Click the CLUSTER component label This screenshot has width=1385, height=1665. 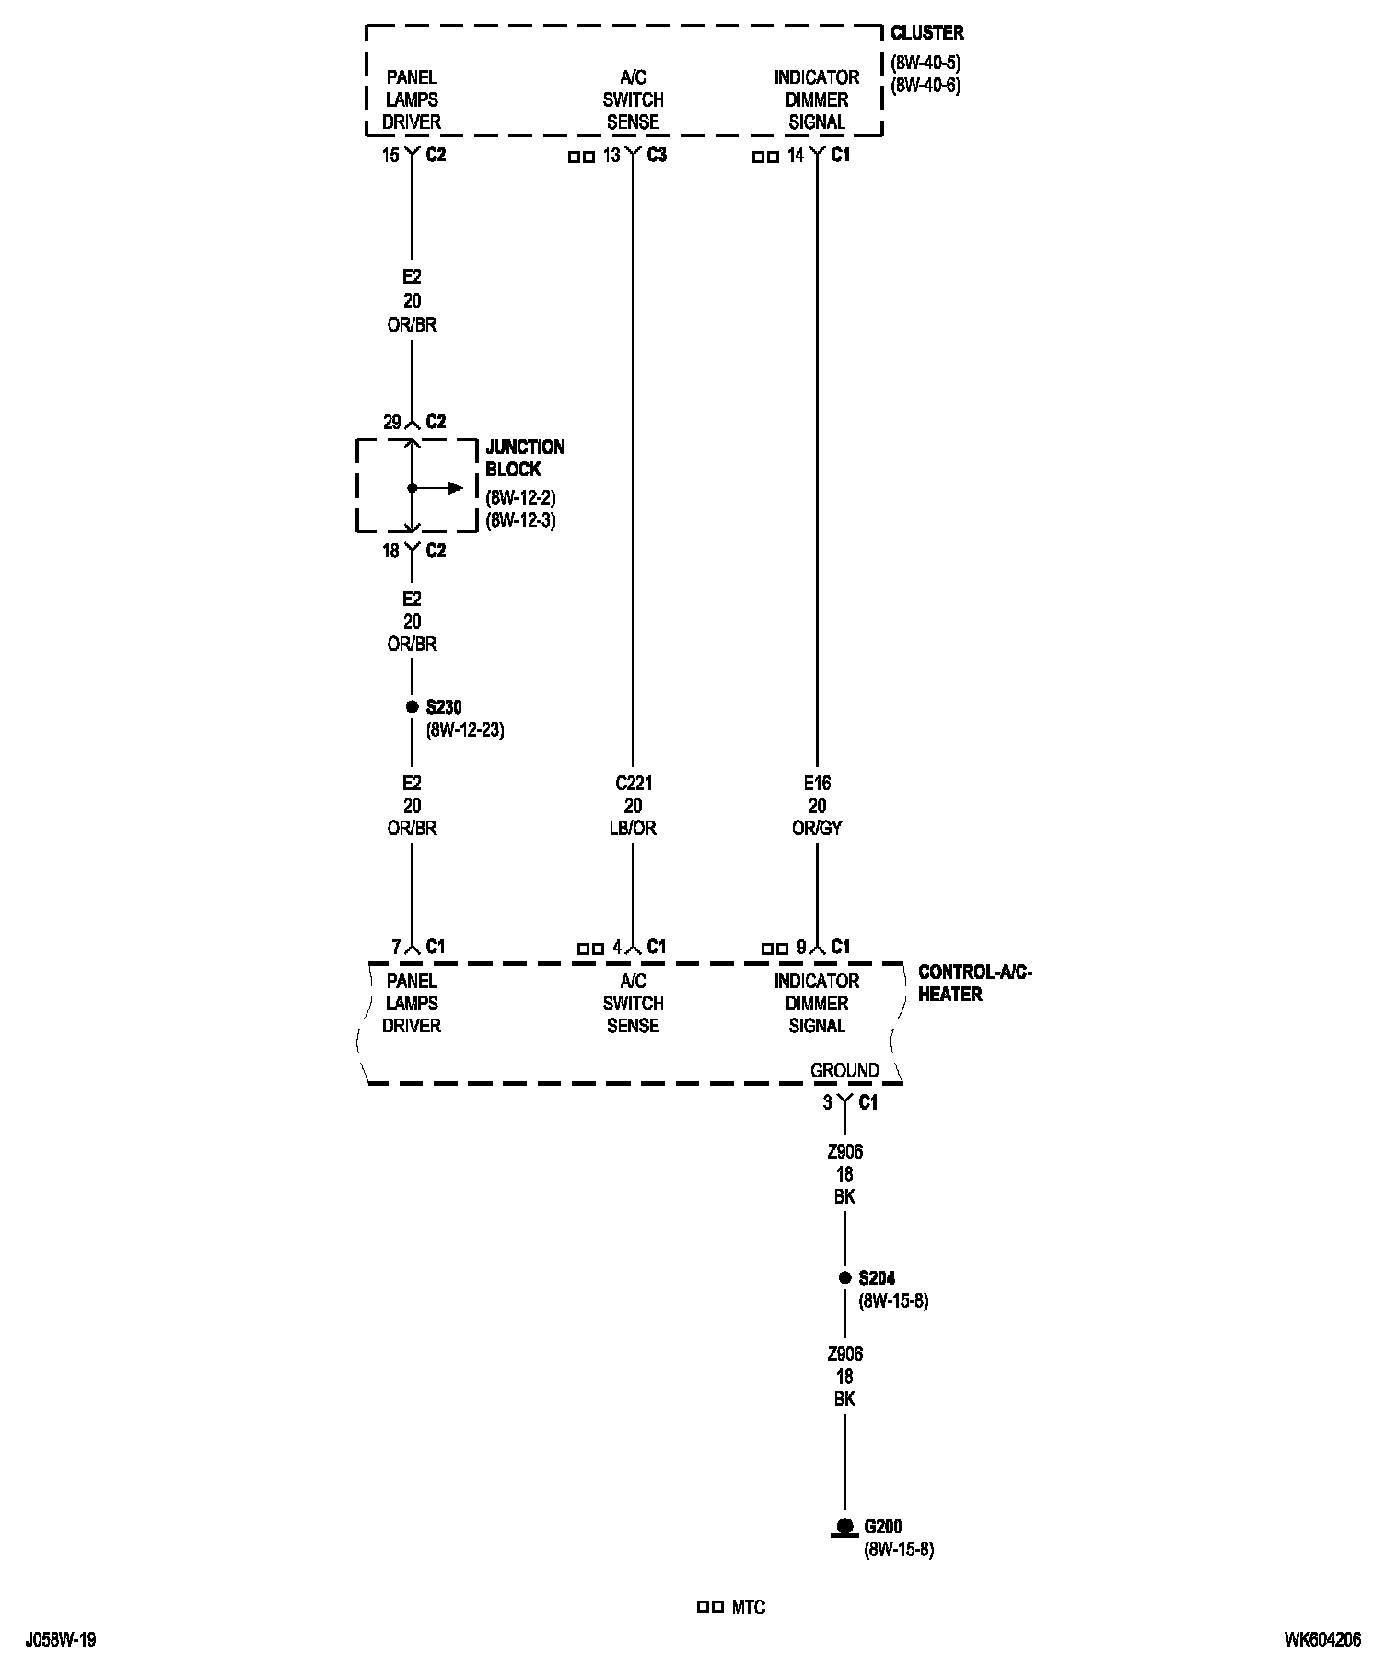point(926,33)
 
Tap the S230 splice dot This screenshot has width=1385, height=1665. point(412,707)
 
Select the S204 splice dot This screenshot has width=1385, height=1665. point(844,1278)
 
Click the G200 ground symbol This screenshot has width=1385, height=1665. point(844,1527)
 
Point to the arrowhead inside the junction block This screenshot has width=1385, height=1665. point(455,488)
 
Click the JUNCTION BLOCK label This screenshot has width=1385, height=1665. point(525,458)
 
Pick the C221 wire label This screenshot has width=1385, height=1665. point(633,784)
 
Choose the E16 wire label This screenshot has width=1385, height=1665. point(817,784)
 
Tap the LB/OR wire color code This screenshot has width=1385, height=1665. point(633,829)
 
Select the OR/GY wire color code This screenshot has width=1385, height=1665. point(817,829)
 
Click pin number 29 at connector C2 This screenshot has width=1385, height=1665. point(392,423)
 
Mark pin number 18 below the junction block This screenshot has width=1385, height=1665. point(391,551)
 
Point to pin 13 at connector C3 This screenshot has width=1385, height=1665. point(611,156)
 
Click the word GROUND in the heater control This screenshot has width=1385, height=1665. point(844,1070)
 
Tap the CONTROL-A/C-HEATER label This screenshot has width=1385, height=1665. point(974,983)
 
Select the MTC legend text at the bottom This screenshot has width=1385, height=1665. point(748,1608)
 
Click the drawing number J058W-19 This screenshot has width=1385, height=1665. point(61,1640)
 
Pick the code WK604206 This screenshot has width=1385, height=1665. point(1322,1640)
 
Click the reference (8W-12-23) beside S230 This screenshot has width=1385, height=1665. point(465,731)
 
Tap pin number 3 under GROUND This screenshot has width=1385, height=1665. point(827,1103)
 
